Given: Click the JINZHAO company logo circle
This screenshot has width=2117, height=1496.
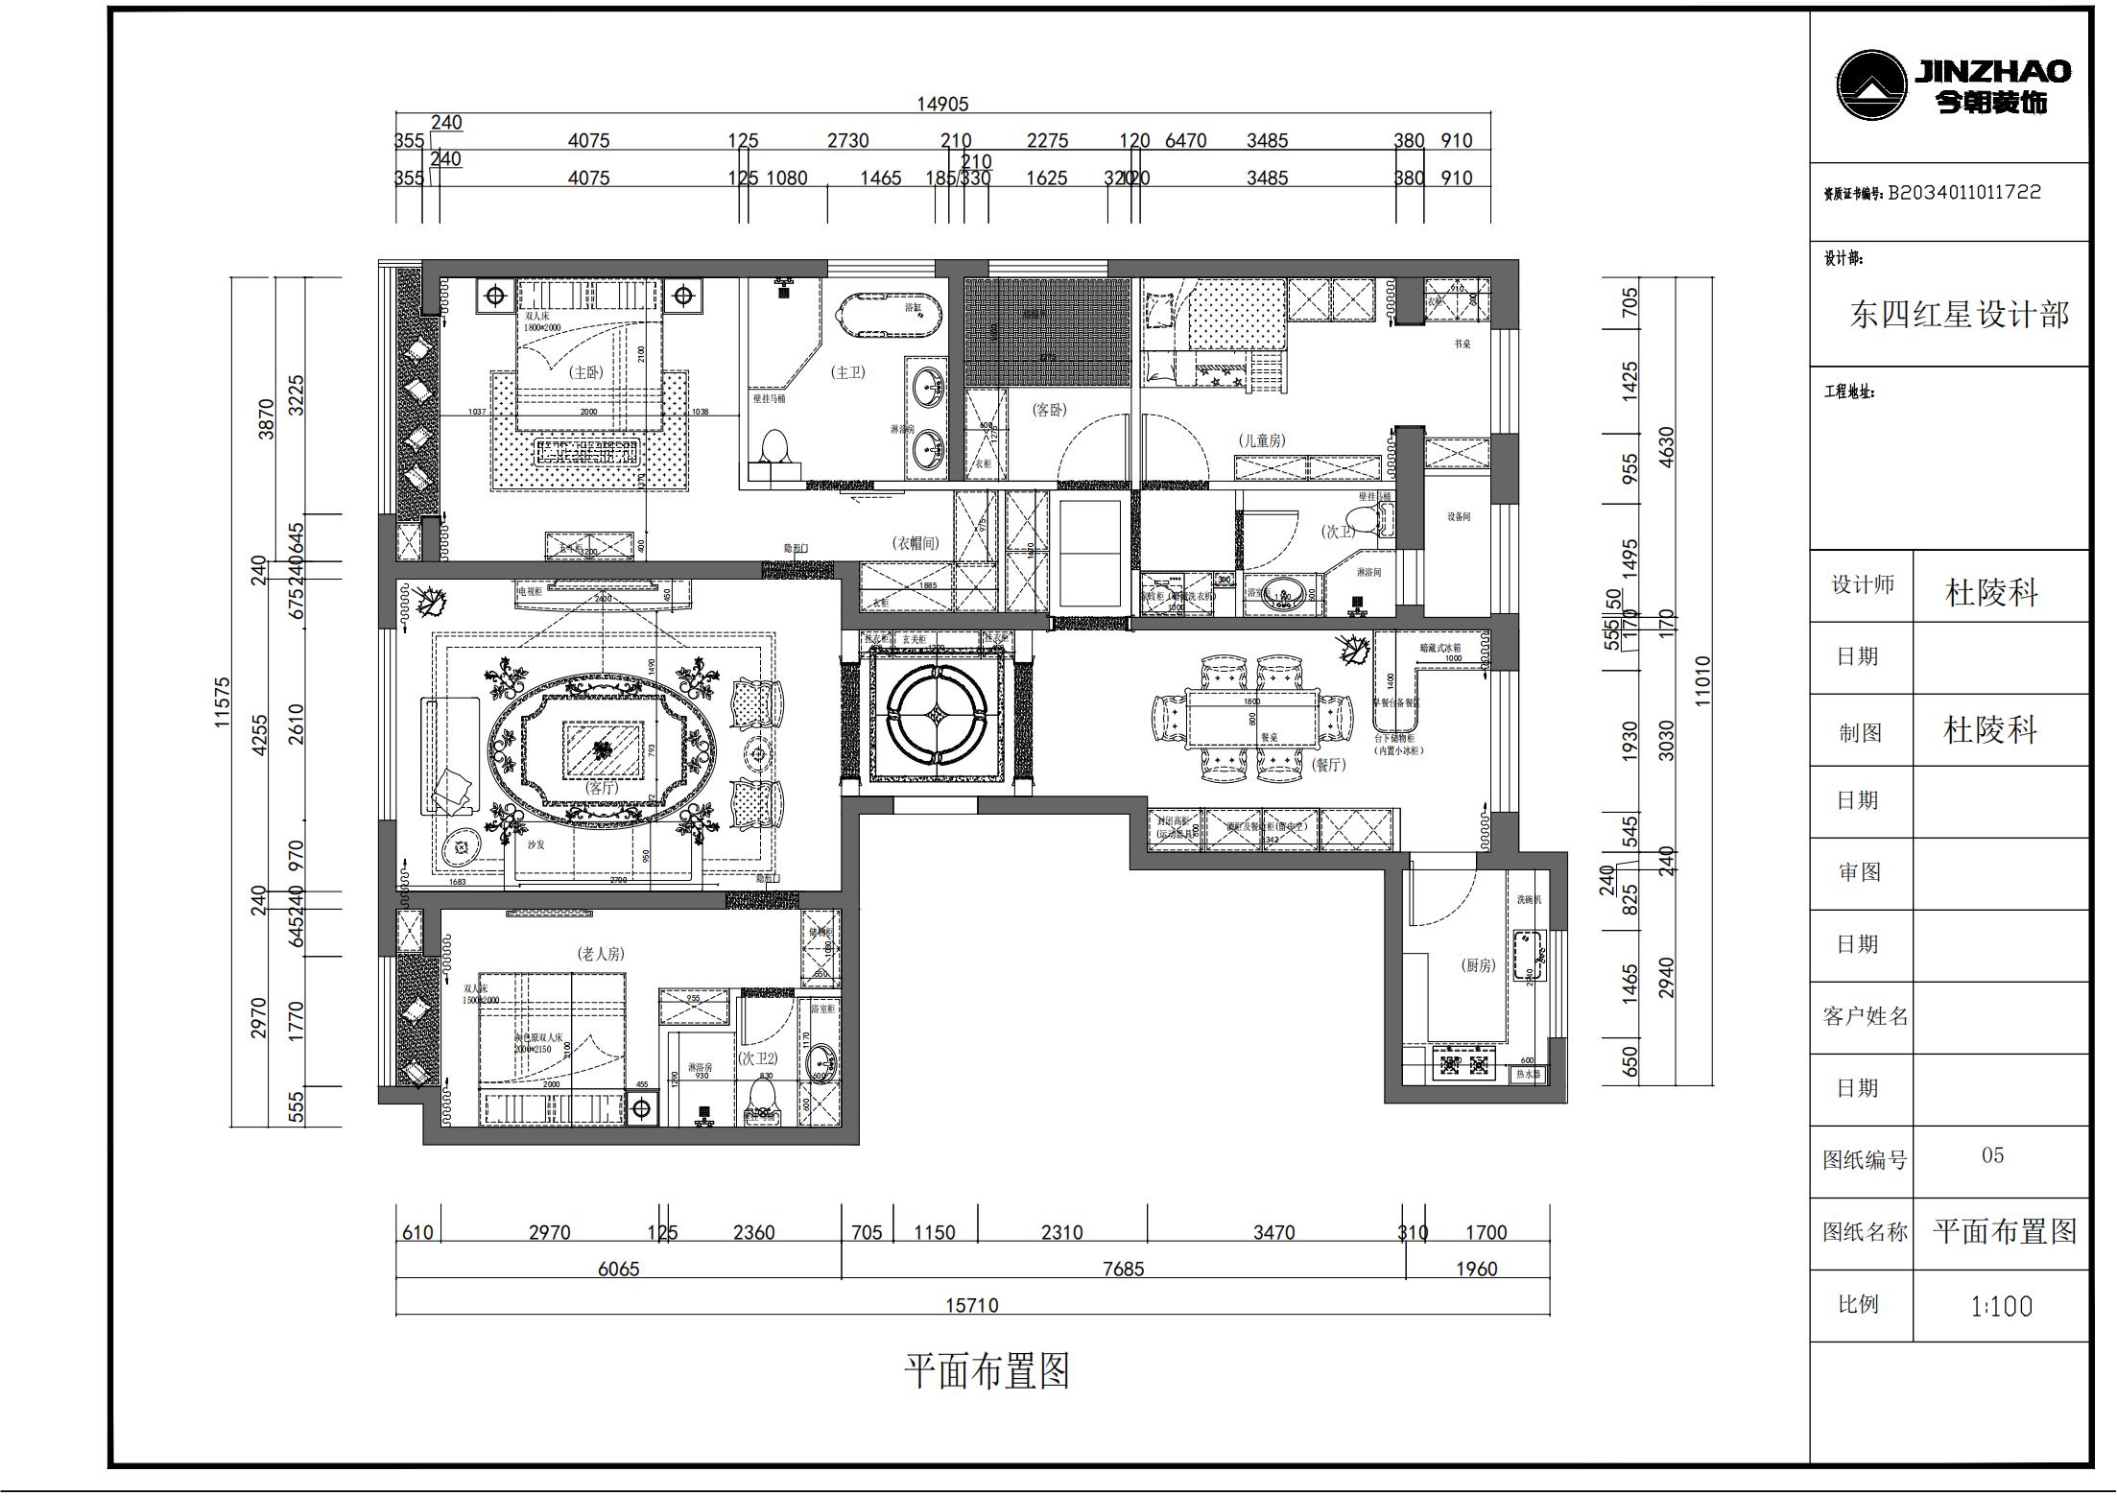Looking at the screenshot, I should click(1870, 85).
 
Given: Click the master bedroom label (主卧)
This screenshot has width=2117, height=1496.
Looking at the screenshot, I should click(585, 372).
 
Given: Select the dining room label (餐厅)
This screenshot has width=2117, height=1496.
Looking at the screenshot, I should click(1328, 765).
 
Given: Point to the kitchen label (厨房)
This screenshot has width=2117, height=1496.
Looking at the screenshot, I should click(1478, 965).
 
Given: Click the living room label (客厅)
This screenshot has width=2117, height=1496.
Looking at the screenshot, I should click(602, 787).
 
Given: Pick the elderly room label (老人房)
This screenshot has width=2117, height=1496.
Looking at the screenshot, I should click(600, 954).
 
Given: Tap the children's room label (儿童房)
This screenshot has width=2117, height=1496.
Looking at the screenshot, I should click(1261, 440).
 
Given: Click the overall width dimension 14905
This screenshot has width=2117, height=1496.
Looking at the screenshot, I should click(942, 104).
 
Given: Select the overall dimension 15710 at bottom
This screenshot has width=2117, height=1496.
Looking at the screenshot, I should click(971, 1306).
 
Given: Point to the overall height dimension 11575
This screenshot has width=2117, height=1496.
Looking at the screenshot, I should click(223, 702).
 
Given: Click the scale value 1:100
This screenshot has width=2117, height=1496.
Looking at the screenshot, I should click(2001, 1307).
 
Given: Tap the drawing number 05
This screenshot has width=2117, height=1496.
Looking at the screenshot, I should click(1992, 1155).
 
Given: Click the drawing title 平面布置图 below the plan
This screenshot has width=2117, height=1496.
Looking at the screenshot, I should click(987, 1371).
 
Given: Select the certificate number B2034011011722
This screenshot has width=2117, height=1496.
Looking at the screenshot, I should click(1963, 193).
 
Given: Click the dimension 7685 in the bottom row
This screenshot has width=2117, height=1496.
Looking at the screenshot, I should click(1123, 1270).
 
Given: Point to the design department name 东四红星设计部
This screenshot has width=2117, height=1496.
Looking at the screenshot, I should click(1958, 315).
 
